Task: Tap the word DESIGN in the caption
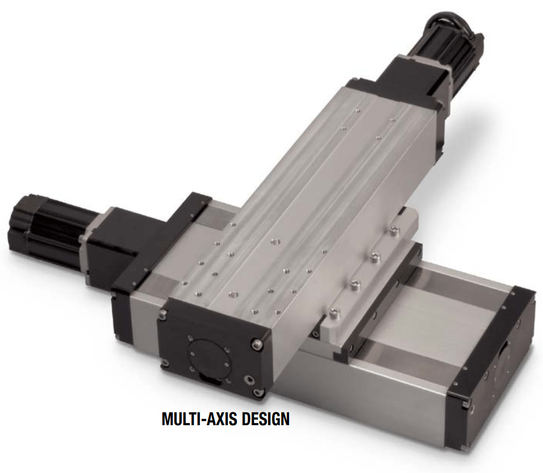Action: click(x=265, y=419)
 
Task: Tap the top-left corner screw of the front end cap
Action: click(x=162, y=315)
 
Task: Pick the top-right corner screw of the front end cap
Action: click(x=257, y=343)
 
